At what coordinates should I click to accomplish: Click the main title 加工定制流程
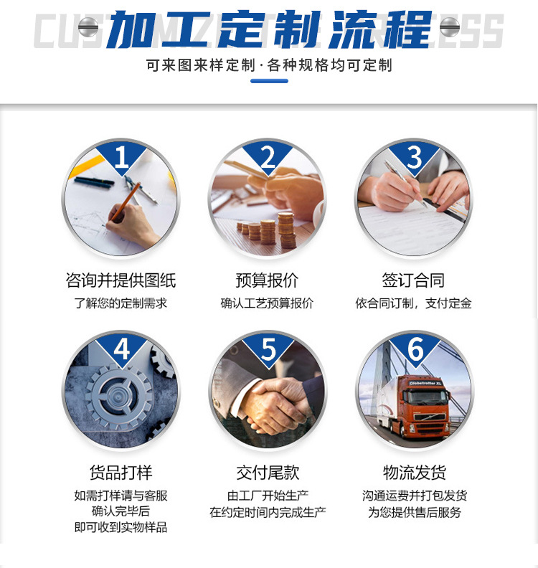[269, 29]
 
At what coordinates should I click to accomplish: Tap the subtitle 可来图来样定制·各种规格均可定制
[269, 66]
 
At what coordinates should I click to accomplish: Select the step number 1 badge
[121, 157]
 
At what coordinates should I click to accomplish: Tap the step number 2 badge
[268, 157]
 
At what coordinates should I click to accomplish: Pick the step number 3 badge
[415, 157]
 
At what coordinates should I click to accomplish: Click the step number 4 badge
[121, 350]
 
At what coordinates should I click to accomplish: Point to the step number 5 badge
[268, 350]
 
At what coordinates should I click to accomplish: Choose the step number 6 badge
[415, 350]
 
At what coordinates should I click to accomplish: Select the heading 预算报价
[267, 280]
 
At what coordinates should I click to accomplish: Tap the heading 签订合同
[413, 280]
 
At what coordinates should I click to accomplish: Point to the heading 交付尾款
[268, 473]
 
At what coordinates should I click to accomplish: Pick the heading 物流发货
[415, 473]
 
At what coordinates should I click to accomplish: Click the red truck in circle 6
[423, 405]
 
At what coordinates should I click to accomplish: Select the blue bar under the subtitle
[269, 81]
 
